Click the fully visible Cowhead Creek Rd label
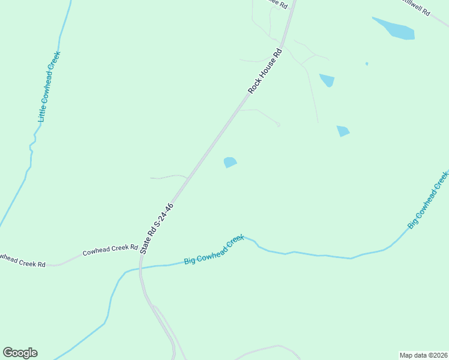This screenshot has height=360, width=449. click(x=110, y=249)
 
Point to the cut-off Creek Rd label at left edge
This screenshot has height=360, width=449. click(x=22, y=261)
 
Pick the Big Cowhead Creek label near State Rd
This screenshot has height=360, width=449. click(x=214, y=250)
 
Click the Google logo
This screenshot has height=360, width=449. click(x=20, y=353)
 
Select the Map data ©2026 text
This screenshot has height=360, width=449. click(x=423, y=355)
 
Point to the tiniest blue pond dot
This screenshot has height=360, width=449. click(x=366, y=64)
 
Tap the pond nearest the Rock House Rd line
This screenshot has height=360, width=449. click(x=230, y=162)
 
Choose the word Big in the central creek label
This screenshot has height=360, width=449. click(x=190, y=260)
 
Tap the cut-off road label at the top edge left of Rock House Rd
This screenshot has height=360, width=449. click(x=277, y=4)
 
